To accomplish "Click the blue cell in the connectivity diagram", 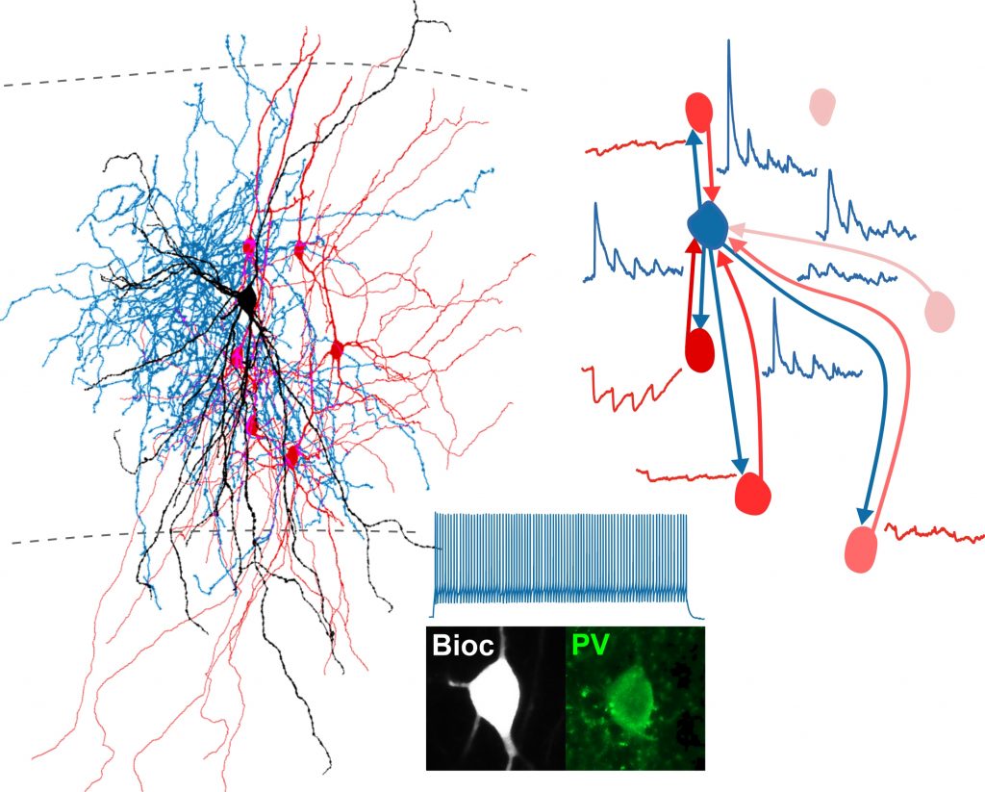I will click(709, 223).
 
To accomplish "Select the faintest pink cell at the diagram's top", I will click(821, 106).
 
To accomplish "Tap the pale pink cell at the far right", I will click(939, 310).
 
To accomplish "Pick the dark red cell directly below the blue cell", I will click(699, 348).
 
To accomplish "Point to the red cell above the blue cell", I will click(699, 113).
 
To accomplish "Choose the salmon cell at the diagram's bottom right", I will click(863, 549).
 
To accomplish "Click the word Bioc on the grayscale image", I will click(463, 645).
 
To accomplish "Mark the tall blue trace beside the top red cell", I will click(765, 140).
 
